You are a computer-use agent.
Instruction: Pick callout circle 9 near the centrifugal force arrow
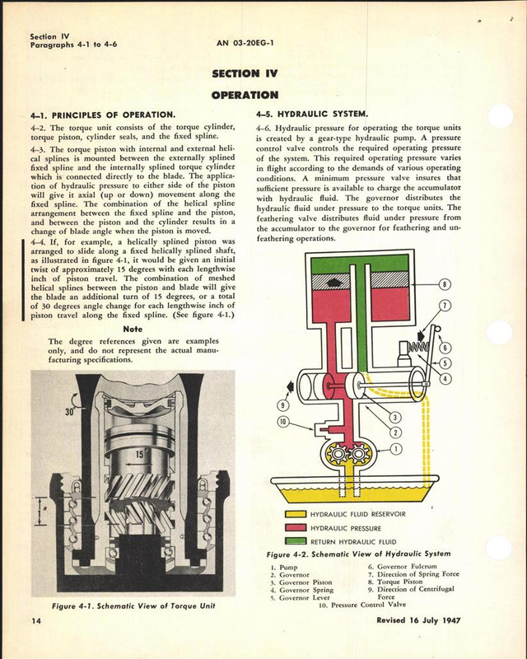(284, 404)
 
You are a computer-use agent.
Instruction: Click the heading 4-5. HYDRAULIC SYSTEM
(312, 113)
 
